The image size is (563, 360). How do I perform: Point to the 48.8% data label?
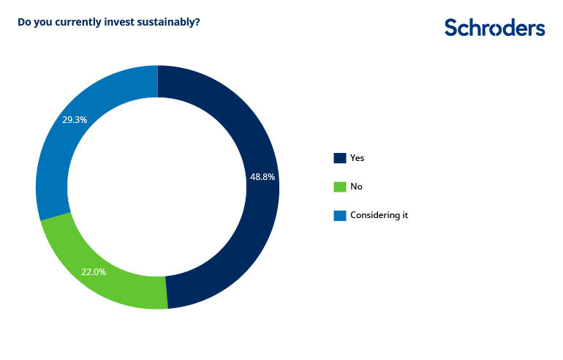(262, 177)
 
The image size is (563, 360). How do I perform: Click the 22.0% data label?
(94, 272)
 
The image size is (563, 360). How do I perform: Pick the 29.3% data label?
(75, 120)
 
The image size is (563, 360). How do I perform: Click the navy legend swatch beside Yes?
(340, 158)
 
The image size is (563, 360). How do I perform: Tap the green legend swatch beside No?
(340, 187)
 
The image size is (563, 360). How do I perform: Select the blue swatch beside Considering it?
(340, 215)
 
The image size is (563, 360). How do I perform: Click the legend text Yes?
(358, 158)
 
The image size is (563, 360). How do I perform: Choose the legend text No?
(357, 187)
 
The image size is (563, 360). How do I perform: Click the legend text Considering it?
(379, 215)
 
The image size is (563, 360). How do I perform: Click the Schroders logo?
(495, 28)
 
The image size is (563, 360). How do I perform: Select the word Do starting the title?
(24, 22)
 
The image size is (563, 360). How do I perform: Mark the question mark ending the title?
(197, 22)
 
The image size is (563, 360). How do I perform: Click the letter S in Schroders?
(451, 28)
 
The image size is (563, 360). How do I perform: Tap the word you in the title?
(43, 23)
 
